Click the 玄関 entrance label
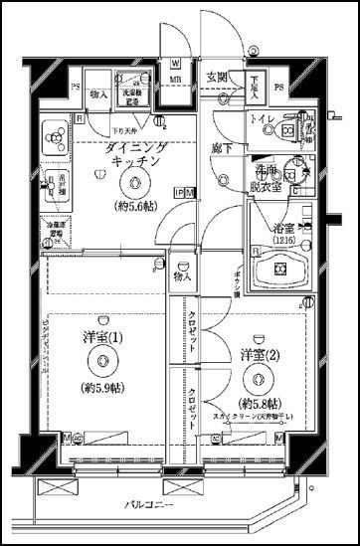216,78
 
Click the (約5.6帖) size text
133,207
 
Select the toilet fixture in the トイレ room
292,128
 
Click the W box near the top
175,62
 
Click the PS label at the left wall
47,88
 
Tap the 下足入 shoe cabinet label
255,86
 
